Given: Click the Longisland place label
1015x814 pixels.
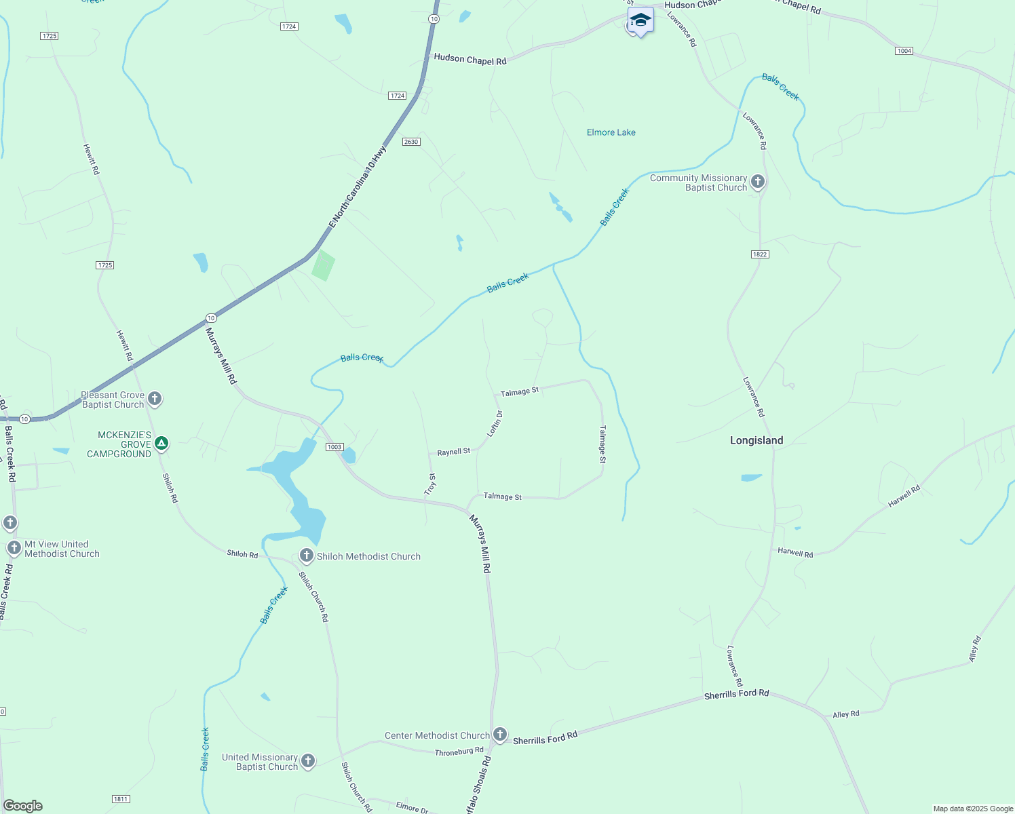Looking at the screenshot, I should tap(757, 440).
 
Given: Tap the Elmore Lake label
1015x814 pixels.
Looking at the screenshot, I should tap(611, 132).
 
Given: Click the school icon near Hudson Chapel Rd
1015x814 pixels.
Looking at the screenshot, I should tap(640, 20).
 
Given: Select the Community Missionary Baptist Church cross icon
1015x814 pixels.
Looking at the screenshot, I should tap(758, 182).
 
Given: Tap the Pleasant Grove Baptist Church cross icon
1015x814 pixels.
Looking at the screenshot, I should tap(155, 399).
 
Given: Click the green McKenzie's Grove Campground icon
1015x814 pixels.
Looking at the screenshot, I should tap(161, 444).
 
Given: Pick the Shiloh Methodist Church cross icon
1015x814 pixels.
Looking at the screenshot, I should tap(306, 556).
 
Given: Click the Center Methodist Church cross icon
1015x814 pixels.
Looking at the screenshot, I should tap(500, 735).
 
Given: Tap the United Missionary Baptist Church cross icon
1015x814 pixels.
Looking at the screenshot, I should tap(308, 761).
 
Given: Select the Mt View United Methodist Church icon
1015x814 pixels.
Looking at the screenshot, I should tap(14, 548).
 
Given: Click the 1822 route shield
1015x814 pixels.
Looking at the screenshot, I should tap(760, 254).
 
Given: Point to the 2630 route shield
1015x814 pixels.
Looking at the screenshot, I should tap(411, 142).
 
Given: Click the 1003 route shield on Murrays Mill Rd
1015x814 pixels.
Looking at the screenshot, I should tap(334, 447).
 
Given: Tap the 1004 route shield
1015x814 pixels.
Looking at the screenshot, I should tap(904, 51).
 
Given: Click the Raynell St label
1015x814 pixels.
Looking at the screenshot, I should tap(453, 452).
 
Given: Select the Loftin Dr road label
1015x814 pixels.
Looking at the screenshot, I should tap(495, 423).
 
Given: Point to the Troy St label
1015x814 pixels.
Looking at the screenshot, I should tap(430, 484).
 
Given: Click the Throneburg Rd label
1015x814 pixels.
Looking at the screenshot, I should tap(459, 752).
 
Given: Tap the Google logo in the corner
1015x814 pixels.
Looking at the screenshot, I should tap(22, 806).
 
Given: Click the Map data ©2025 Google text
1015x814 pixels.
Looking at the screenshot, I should tap(973, 809).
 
